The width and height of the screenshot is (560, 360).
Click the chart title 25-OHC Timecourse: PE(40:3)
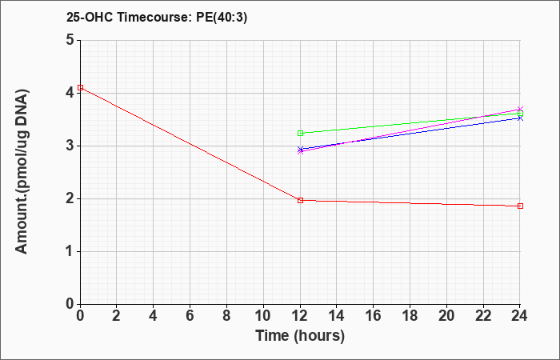157,17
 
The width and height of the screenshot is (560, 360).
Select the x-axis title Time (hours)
300,336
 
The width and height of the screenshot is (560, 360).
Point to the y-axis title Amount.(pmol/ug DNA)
22,172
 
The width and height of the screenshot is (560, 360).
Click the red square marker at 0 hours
80,87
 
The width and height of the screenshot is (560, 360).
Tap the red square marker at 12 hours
300,200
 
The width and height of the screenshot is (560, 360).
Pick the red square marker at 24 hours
520,206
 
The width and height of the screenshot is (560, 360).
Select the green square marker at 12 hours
300,134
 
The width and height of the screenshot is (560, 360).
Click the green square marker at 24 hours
520,114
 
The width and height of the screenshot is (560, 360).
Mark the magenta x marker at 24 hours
520,109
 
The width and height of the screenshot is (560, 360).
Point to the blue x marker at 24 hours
520,118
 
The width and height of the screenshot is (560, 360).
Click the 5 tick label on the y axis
70,40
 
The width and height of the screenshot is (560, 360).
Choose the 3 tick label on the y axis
70,146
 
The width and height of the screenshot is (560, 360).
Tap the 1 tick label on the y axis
70,251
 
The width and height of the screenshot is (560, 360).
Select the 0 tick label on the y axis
70,304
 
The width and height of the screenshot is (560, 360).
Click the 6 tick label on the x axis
190,316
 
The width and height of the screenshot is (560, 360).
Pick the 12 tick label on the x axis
300,316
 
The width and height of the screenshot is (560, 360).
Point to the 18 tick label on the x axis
410,316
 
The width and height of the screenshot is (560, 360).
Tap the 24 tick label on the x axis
519,316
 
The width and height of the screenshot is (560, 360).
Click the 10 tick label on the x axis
263,316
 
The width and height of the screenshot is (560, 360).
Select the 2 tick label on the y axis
70,198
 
